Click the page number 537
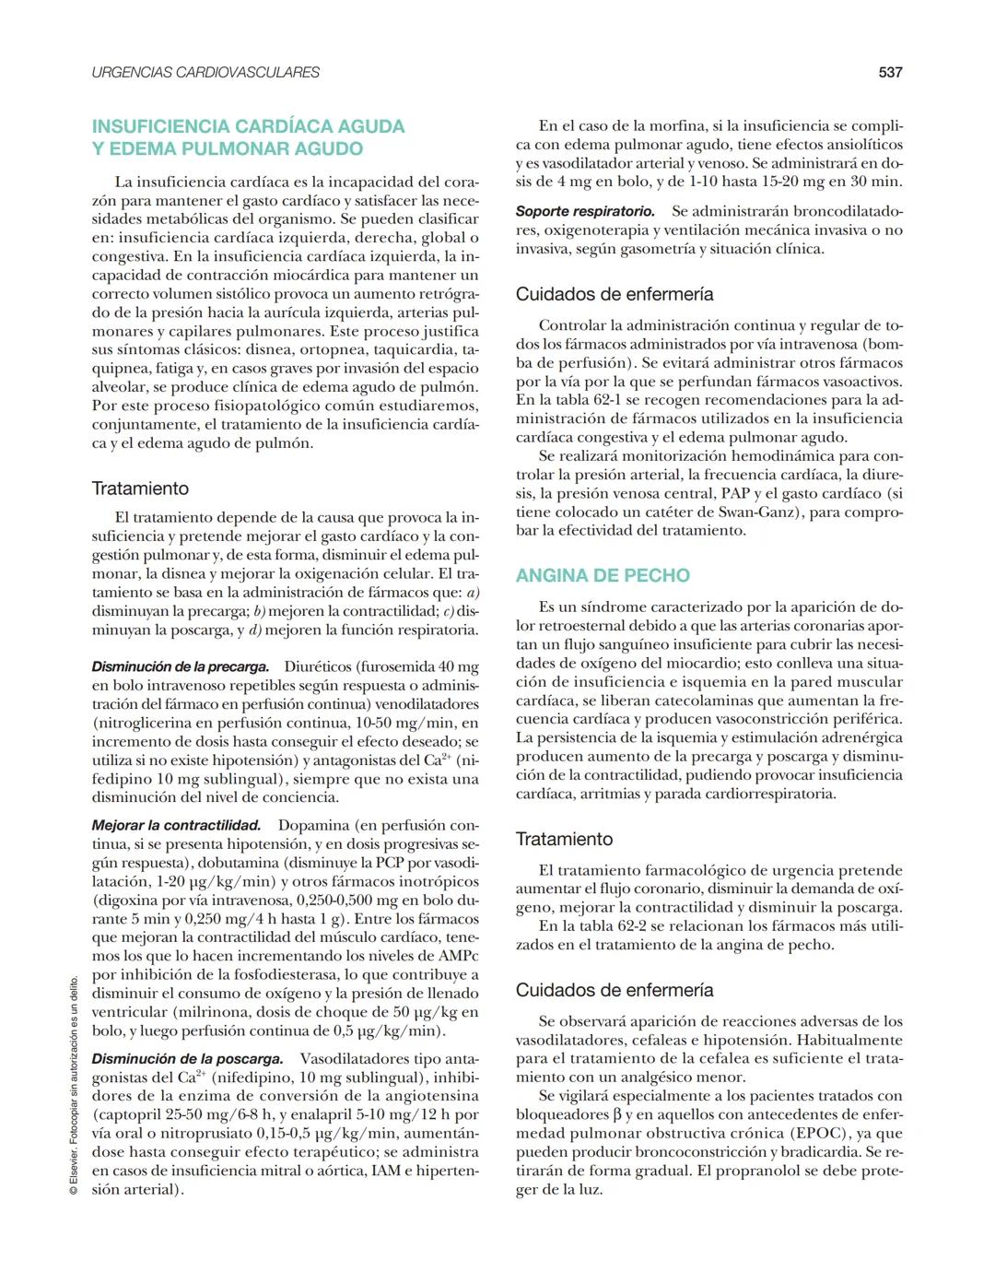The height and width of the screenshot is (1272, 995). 889,72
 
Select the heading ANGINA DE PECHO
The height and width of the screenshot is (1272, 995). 602,575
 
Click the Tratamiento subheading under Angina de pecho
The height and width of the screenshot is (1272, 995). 564,839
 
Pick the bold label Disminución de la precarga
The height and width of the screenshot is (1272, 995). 181,666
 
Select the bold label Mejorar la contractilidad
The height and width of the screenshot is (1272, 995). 177,825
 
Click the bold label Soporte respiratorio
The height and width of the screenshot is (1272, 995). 585,212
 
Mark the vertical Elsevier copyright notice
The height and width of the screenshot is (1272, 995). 74,1088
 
